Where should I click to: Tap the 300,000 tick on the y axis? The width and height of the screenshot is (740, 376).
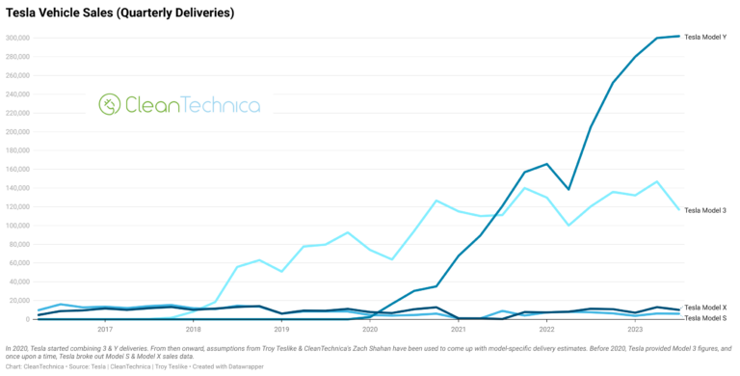tap(17, 38)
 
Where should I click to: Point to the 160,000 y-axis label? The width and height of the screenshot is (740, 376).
tap(17, 170)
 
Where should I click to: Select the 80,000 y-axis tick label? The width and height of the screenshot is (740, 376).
tap(19, 245)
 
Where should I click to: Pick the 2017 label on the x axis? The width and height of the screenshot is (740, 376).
tap(105, 329)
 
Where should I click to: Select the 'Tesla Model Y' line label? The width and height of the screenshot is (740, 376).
tap(705, 37)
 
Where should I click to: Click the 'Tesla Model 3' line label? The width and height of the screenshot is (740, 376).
tap(705, 210)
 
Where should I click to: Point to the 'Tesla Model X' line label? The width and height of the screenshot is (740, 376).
tap(705, 307)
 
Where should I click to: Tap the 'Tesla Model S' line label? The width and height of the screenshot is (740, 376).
tap(705, 317)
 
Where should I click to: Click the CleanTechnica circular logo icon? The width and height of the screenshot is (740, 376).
tap(110, 104)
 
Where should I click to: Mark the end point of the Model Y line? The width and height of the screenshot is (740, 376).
tap(679, 36)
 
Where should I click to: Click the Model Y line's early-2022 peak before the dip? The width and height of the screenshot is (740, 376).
tap(546, 164)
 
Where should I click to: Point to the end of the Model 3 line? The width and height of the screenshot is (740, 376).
tap(679, 209)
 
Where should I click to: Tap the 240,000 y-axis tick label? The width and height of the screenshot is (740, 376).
tap(17, 94)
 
